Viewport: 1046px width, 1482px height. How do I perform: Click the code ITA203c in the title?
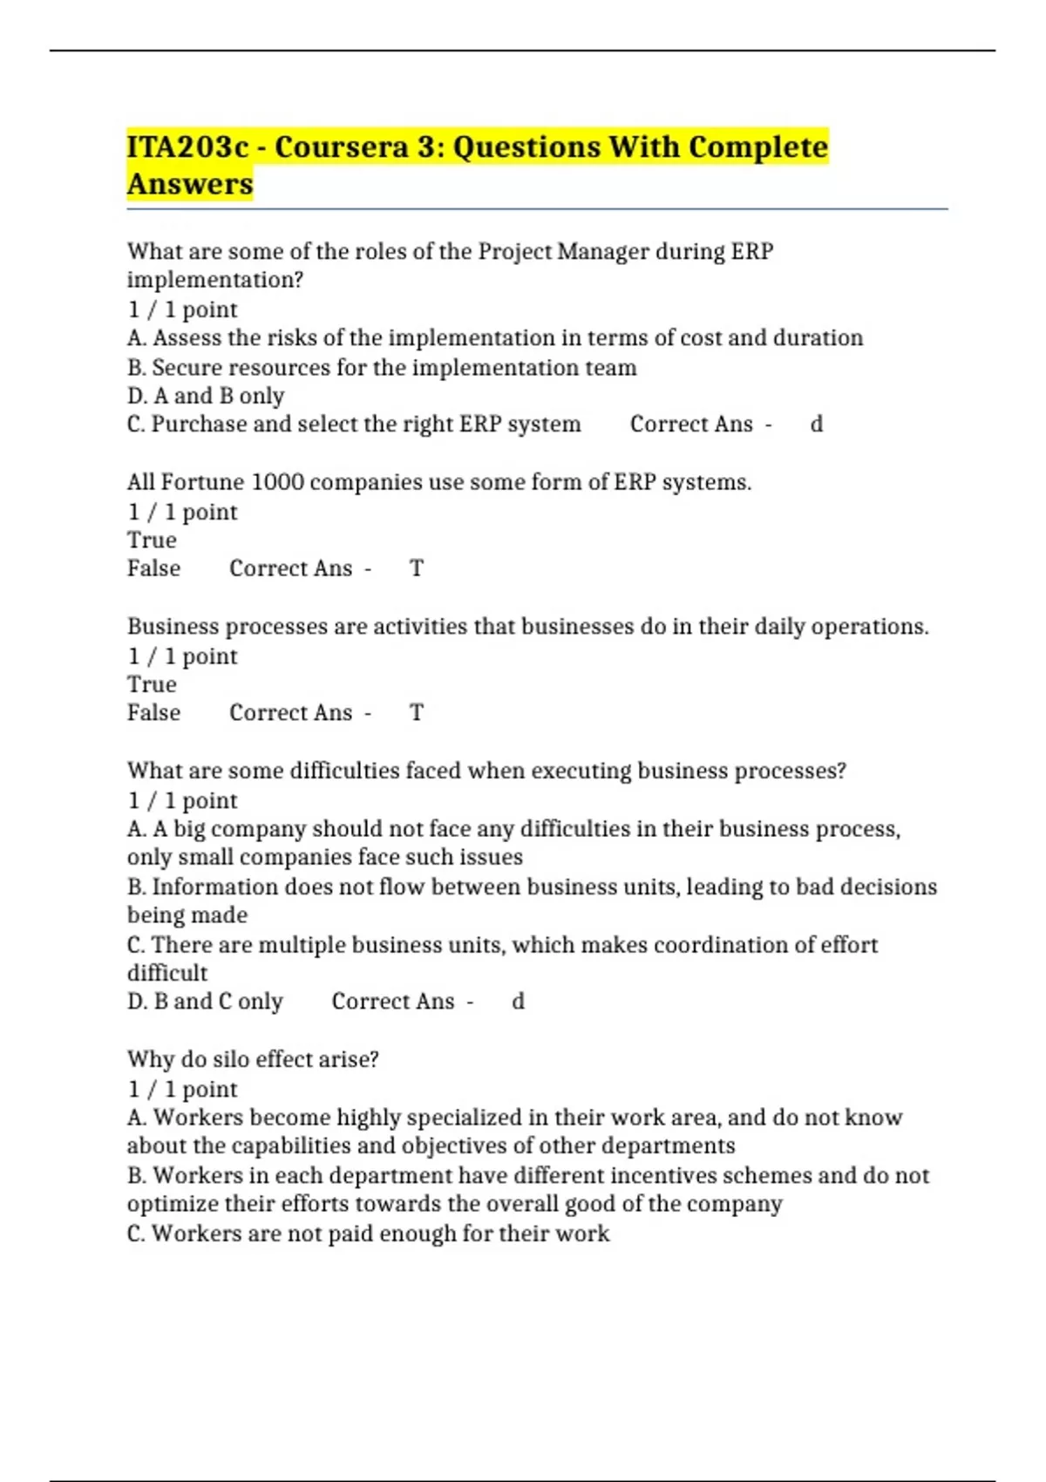pyautogui.click(x=187, y=147)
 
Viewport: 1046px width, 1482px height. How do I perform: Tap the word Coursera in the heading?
pyautogui.click(x=341, y=147)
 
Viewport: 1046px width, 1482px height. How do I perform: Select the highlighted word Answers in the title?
pyautogui.click(x=190, y=185)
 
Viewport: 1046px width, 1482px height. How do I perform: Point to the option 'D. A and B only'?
pyautogui.click(x=206, y=396)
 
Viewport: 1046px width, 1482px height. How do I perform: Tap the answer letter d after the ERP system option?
pyautogui.click(x=817, y=425)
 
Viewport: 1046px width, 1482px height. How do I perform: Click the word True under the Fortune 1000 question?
pyautogui.click(x=152, y=540)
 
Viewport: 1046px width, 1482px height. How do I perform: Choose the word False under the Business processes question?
pyautogui.click(x=153, y=713)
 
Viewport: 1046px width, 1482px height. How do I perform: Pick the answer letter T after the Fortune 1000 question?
pyautogui.click(x=417, y=569)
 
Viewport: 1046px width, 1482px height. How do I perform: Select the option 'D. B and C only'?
pyautogui.click(x=205, y=1002)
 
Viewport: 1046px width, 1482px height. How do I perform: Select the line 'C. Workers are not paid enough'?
pyautogui.click(x=368, y=1234)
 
